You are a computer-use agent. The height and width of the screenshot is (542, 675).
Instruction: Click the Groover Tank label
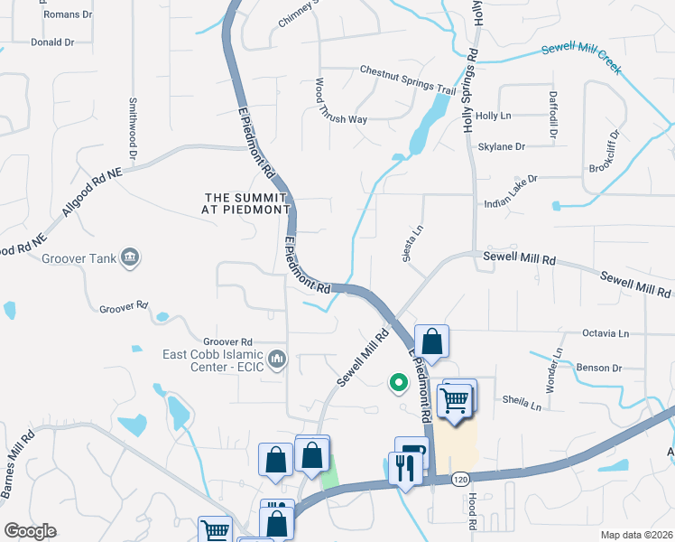tap(79, 258)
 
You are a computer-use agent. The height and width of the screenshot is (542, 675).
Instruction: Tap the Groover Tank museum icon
tap(130, 258)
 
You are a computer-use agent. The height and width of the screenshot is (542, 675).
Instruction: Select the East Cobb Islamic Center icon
tap(277, 360)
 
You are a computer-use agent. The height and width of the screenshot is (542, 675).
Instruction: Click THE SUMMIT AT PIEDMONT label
tap(247, 202)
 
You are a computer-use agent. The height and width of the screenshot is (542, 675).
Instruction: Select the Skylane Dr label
tap(501, 146)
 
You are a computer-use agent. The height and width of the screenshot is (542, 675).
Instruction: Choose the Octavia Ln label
tap(606, 333)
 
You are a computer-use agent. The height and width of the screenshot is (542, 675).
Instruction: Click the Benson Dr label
tap(600, 368)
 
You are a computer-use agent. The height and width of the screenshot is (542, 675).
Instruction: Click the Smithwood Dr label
tap(133, 129)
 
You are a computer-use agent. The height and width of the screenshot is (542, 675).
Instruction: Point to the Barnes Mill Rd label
tap(17, 462)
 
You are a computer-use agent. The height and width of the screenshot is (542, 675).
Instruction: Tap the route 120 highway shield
tap(459, 477)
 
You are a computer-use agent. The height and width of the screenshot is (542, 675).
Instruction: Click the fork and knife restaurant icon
tap(403, 467)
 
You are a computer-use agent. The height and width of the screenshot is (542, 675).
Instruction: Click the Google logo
tap(30, 531)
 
